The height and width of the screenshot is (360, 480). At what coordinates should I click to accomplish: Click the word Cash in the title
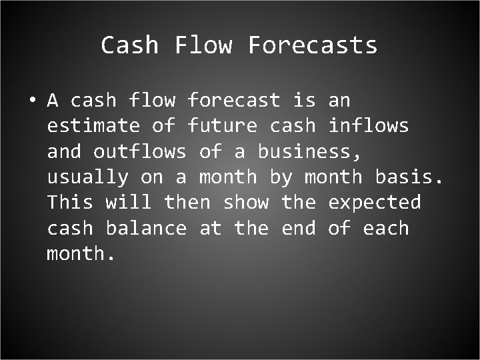point(129,45)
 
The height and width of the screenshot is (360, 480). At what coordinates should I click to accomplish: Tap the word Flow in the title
point(203,45)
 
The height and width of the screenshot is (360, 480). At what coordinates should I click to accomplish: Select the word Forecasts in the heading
point(313,45)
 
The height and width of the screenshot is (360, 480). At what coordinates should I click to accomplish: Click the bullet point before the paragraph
point(31,101)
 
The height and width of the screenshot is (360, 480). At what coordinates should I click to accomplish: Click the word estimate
point(93,126)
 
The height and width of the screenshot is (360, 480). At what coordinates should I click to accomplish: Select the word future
point(222,126)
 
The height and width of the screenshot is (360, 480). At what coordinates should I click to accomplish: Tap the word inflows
point(368,126)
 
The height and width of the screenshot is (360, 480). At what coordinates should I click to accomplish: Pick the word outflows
point(139,151)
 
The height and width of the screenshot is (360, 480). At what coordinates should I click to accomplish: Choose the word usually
point(87,177)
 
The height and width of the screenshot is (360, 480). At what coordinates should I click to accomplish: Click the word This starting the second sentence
point(70,203)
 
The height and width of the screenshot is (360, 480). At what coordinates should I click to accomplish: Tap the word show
point(245,203)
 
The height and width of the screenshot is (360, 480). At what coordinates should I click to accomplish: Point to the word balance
point(146,228)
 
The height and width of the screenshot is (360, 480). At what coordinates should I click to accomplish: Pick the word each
point(385,228)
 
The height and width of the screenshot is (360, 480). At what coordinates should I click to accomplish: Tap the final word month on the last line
point(76,253)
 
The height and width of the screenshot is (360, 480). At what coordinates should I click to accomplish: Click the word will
point(128,203)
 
